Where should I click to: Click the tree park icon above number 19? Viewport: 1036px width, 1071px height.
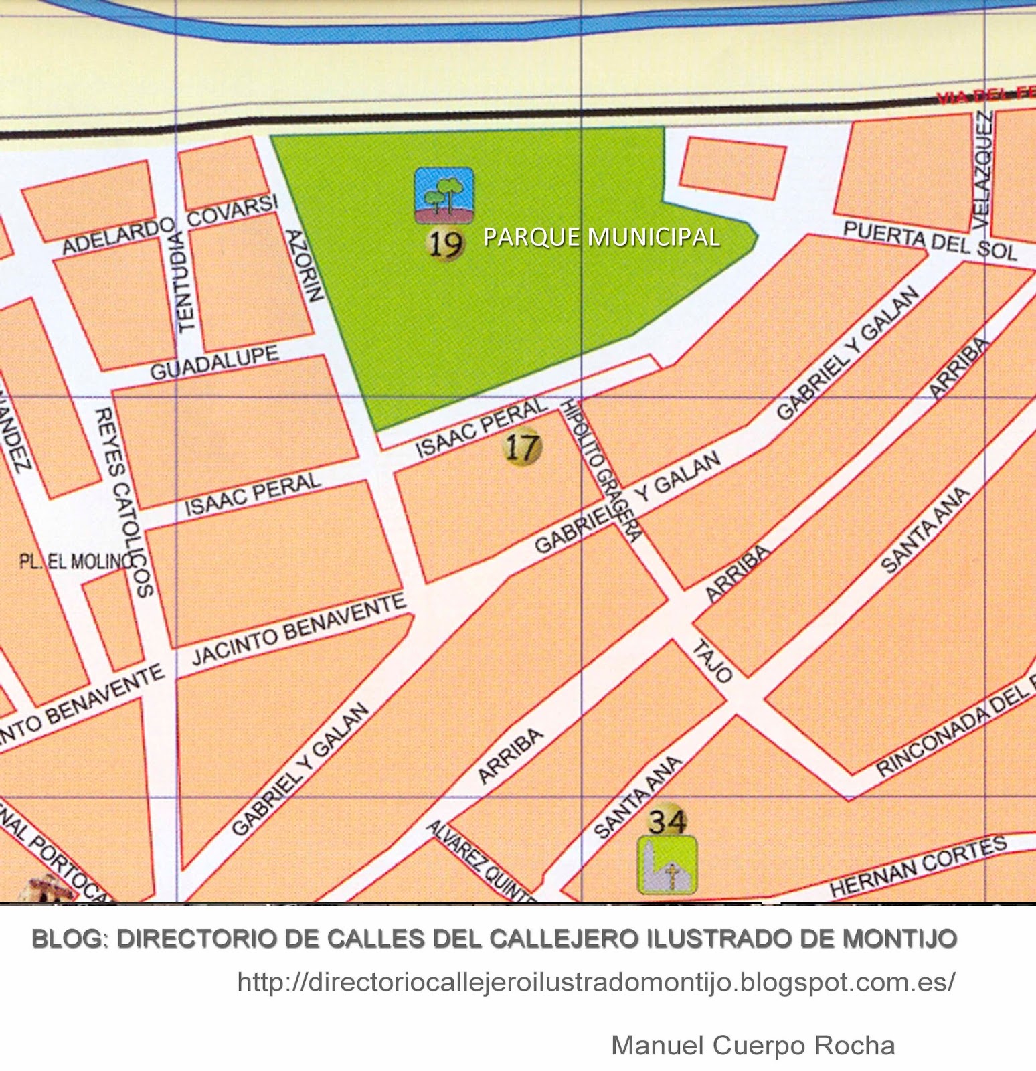pos(444,195)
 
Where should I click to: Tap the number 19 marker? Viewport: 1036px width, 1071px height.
pos(445,244)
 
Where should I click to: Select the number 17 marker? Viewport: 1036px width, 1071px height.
pos(522,446)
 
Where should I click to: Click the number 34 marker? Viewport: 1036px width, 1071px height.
pos(667,821)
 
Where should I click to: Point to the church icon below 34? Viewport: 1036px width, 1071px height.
pos(667,866)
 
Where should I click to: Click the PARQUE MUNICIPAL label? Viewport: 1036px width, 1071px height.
pos(601,237)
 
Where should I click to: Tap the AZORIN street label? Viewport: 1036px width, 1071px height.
pos(305,265)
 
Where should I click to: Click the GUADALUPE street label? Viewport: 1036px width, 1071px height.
pos(214,363)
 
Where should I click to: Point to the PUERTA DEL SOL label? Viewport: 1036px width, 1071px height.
pos(930,240)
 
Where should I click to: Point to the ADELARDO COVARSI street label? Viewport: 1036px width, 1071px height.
pos(169,226)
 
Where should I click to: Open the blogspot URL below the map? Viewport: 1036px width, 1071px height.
pos(596,982)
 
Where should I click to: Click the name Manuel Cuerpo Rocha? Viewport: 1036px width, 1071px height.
pos(753,1045)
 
